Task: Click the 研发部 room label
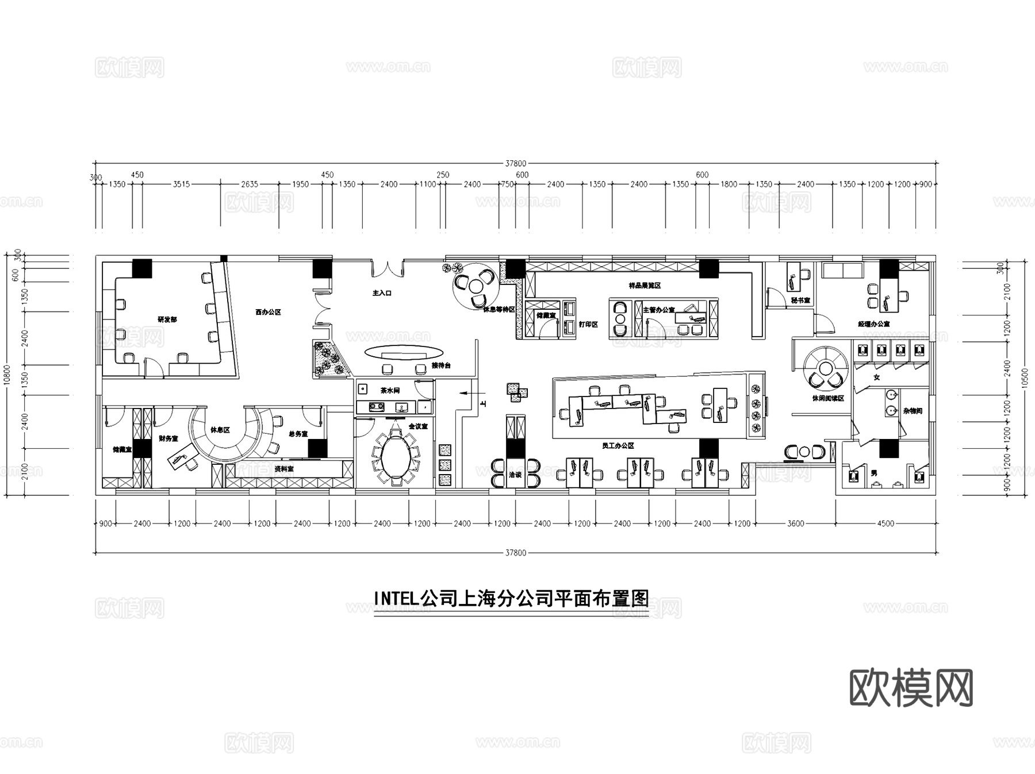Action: (x=167, y=319)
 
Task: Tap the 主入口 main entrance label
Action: (x=382, y=293)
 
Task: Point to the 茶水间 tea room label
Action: (x=389, y=391)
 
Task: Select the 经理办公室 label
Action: (x=873, y=325)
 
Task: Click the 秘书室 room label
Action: (x=800, y=301)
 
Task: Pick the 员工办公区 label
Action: (x=618, y=445)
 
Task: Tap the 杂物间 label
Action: (x=913, y=411)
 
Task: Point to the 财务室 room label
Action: (x=168, y=438)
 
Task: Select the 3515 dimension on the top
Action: (x=181, y=184)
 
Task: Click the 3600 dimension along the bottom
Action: (x=795, y=523)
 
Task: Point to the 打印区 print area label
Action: (x=588, y=325)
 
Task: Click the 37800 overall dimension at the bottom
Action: (x=515, y=553)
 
